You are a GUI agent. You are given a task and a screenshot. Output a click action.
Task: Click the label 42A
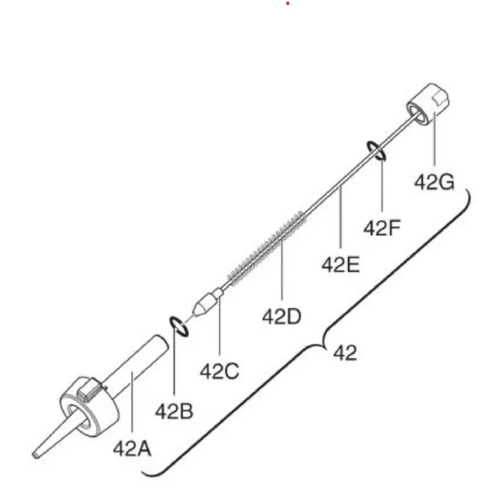(x=132, y=448)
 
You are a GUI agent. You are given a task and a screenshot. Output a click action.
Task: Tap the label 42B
(x=174, y=412)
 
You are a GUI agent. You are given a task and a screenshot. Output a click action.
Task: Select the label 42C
(x=219, y=371)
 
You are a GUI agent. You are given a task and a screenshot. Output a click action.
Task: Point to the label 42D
(x=282, y=316)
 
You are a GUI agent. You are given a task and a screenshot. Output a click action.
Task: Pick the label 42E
(x=341, y=265)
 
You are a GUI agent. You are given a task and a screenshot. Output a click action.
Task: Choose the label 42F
(x=382, y=228)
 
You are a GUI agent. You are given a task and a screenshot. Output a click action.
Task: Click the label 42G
(x=434, y=182)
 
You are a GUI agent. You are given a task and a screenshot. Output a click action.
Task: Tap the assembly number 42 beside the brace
(x=345, y=353)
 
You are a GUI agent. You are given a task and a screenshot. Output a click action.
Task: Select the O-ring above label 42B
(x=178, y=327)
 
